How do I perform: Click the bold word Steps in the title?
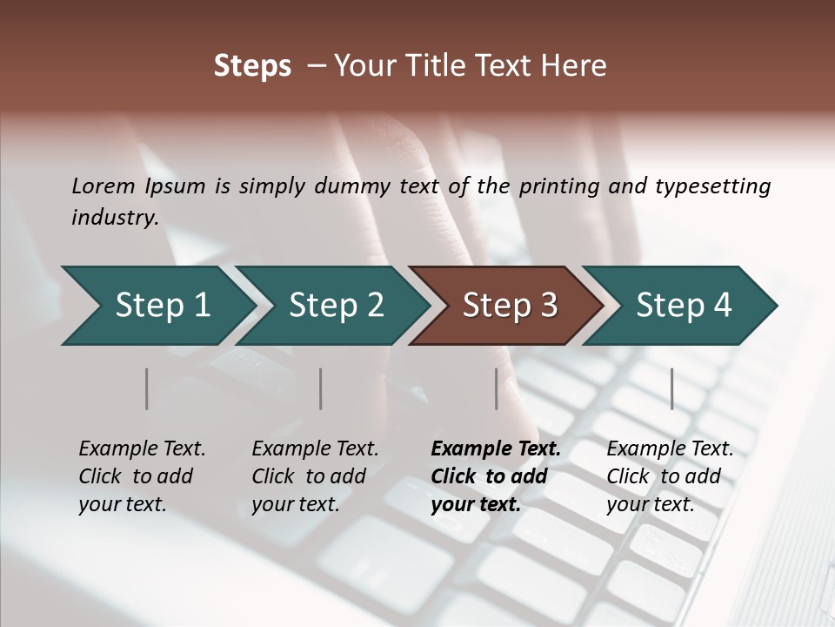(252, 66)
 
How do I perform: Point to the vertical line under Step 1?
(147, 388)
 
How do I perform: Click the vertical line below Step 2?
(321, 388)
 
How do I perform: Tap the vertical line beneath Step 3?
(497, 388)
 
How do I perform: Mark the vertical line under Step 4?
(672, 388)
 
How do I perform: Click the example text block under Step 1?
(142, 476)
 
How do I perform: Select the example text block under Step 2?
(315, 476)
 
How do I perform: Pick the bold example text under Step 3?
(496, 476)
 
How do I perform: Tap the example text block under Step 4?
(670, 476)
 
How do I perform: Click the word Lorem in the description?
(103, 186)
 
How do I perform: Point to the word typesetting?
(712, 186)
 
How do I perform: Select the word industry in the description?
(114, 218)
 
